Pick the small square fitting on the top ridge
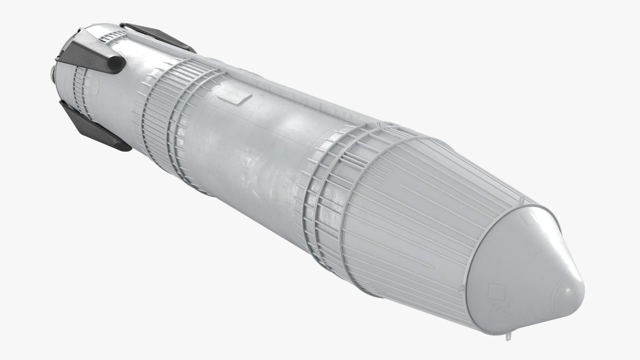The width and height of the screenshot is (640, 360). click(378, 125)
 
